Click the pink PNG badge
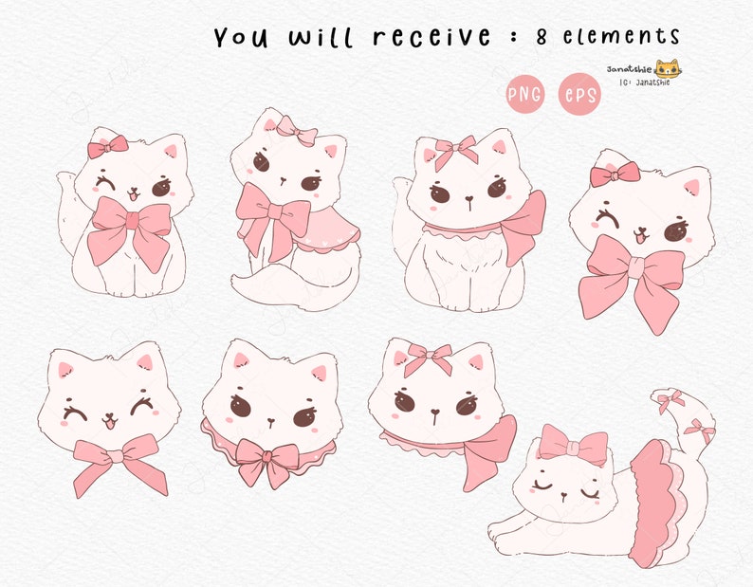point(524,94)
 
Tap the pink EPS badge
point(579,94)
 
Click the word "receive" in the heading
point(432,37)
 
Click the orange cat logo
point(668,69)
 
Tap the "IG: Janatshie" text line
point(644,83)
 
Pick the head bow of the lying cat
point(573,445)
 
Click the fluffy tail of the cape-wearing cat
point(270,284)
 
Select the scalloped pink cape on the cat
point(322,232)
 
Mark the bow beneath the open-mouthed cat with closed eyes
point(115,461)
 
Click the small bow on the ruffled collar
point(268,461)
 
